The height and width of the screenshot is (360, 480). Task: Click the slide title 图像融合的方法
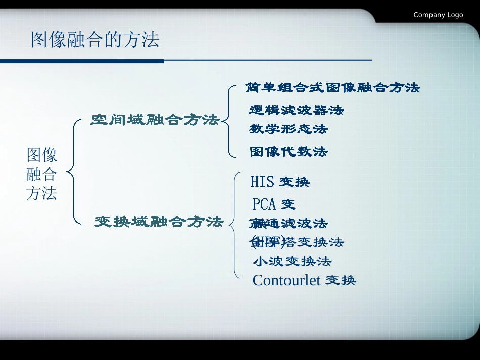click(95, 40)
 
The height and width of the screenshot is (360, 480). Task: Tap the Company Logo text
click(438, 15)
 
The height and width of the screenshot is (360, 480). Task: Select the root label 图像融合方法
click(41, 174)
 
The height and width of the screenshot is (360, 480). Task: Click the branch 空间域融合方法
click(155, 120)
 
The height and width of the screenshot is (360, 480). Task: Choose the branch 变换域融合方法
click(159, 222)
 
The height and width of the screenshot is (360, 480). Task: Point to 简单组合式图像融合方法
click(332, 88)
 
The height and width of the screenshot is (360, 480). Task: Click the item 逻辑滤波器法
click(296, 110)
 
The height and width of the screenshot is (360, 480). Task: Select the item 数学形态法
click(289, 129)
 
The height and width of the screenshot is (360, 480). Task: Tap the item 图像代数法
click(289, 151)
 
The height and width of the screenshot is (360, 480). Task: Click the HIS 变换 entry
click(280, 182)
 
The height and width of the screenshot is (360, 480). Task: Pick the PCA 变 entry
click(273, 204)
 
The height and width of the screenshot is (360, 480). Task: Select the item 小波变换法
click(292, 262)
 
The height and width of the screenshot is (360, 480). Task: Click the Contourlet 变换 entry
click(304, 280)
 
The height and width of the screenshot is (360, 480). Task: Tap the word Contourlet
click(286, 280)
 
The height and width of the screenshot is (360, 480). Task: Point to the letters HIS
click(262, 182)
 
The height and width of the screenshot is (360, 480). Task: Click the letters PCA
click(264, 204)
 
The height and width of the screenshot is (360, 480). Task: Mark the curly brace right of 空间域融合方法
click(227, 120)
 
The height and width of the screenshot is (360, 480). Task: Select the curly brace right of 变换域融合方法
click(234, 225)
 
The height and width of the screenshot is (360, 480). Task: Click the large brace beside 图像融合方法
click(73, 172)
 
